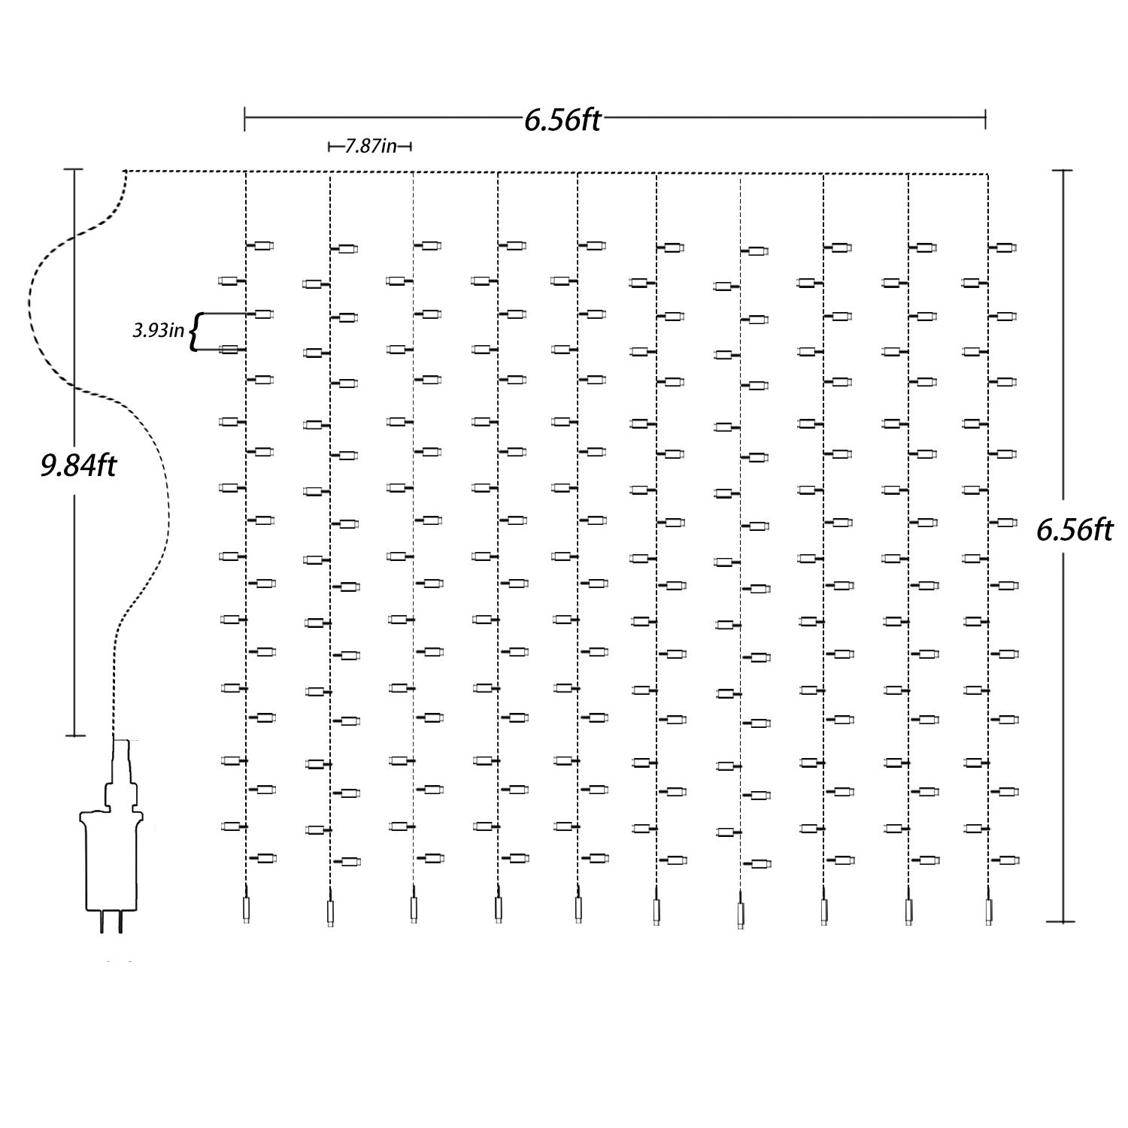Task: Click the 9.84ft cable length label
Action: click(78, 466)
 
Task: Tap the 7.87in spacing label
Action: click(370, 146)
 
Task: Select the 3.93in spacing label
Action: click(159, 330)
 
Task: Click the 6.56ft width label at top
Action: click(562, 120)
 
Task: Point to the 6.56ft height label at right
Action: click(1074, 530)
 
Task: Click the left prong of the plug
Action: click(102, 922)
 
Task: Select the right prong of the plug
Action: click(120, 922)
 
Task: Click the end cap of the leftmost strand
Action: click(246, 909)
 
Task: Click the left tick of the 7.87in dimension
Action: click(329, 147)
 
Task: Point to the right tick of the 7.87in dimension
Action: click(411, 147)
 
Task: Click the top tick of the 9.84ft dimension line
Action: click(74, 170)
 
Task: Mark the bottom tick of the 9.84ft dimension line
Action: click(74, 735)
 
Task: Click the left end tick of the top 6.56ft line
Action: click(245, 118)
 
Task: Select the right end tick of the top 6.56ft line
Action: click(985, 118)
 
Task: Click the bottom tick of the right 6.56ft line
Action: click(1062, 921)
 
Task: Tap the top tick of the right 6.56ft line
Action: click(1062, 171)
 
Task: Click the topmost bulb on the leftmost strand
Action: click(260, 246)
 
